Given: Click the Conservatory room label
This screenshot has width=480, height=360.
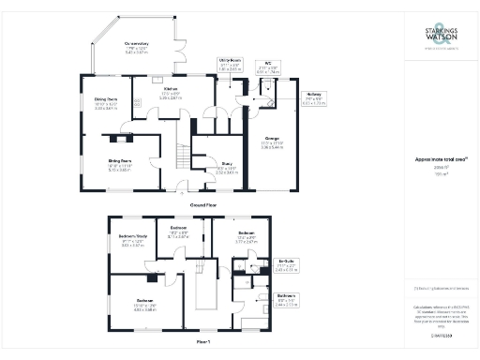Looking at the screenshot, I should click(x=137, y=43).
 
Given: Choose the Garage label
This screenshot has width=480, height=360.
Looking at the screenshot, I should click(x=274, y=142).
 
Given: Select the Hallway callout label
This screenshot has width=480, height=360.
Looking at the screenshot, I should click(x=312, y=94).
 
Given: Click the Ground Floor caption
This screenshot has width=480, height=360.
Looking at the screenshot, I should click(x=204, y=203).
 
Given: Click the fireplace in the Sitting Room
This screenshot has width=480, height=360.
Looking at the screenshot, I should click(x=118, y=139).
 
